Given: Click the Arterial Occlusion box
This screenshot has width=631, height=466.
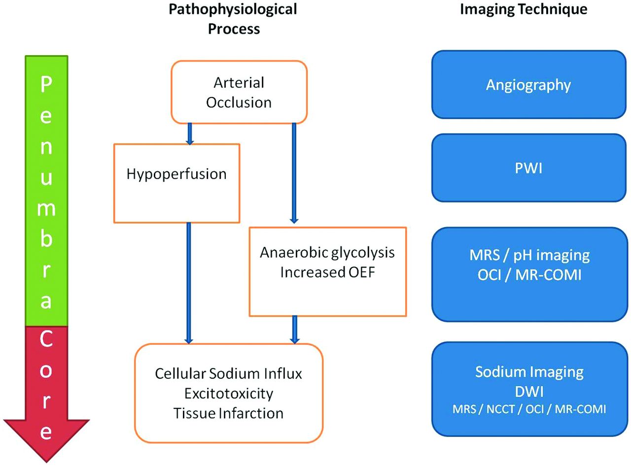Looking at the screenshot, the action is pyautogui.click(x=239, y=92).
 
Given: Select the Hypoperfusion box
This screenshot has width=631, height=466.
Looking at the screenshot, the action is pyautogui.click(x=176, y=183).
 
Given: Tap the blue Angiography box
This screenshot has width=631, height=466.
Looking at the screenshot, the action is pyautogui.click(x=528, y=84).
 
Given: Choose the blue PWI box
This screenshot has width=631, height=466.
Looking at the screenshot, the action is pyautogui.click(x=528, y=168).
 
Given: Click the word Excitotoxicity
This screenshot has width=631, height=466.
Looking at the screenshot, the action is pyautogui.click(x=229, y=394).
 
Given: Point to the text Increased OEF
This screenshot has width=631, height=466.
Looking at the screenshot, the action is pyautogui.click(x=327, y=272).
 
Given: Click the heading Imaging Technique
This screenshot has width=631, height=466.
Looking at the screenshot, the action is pyautogui.click(x=524, y=9).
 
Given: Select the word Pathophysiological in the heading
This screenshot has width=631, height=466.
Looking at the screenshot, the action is pyautogui.click(x=233, y=9).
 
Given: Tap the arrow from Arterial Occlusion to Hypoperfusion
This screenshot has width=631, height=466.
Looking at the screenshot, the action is pyautogui.click(x=190, y=134).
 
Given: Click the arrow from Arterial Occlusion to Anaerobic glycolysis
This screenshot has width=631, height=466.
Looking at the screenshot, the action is pyautogui.click(x=294, y=173).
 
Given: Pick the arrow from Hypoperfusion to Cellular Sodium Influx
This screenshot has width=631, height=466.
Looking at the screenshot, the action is pyautogui.click(x=189, y=283).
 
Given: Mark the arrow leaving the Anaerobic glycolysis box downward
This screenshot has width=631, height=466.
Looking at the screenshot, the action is pyautogui.click(x=295, y=330).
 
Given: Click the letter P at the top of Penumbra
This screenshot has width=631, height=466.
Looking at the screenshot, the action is pyautogui.click(x=46, y=84).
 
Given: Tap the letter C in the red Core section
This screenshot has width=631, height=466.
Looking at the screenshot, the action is pyautogui.click(x=46, y=339).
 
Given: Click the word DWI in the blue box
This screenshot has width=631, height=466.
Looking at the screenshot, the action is pyautogui.click(x=529, y=392).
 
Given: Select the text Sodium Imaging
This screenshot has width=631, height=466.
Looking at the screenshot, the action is pyautogui.click(x=529, y=372).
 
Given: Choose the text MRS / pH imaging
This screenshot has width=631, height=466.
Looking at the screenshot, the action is pyautogui.click(x=529, y=255).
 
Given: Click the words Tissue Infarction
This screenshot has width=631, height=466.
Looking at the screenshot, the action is pyautogui.click(x=228, y=413).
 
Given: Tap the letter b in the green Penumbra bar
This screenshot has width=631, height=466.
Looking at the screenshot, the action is pyautogui.click(x=46, y=238).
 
